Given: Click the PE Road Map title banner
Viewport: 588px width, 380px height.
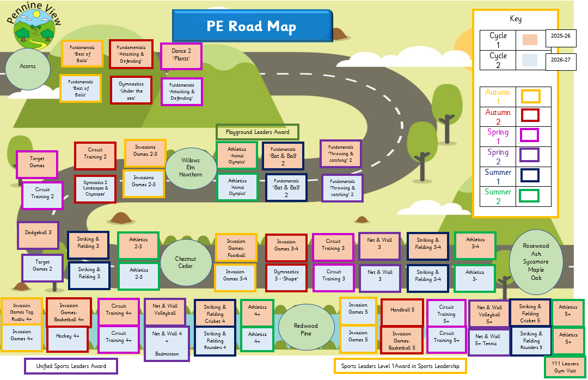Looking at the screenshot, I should click(x=252, y=26).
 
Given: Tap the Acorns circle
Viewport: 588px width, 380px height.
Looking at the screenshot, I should click(x=28, y=66).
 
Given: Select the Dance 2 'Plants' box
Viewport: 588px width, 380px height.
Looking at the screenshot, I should click(x=181, y=56).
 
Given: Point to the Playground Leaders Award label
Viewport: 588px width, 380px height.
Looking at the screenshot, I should click(x=258, y=132).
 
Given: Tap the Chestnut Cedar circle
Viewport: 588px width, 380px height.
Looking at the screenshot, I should click(x=186, y=262).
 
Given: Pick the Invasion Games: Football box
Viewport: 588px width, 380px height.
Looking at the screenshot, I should click(x=236, y=248).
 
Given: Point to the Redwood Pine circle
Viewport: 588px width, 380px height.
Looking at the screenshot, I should click(x=305, y=329).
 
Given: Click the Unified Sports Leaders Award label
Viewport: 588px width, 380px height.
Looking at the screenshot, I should click(x=71, y=366).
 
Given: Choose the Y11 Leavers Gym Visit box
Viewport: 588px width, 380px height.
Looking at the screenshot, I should click(x=565, y=367).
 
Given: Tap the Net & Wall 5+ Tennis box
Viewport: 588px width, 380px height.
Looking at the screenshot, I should click(x=488, y=340).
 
